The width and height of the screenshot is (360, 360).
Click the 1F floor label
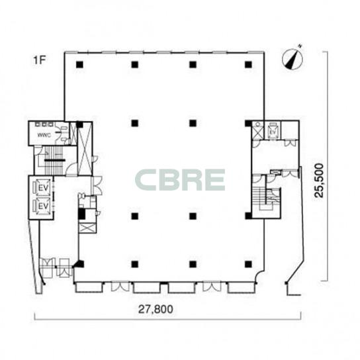40,61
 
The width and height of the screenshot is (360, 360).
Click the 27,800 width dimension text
156,309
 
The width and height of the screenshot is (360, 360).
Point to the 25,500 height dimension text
319,180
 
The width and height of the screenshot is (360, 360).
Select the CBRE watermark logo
180,180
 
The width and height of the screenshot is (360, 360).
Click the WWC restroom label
44,135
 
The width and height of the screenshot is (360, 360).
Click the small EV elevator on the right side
272,132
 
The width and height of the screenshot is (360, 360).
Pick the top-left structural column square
79,64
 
